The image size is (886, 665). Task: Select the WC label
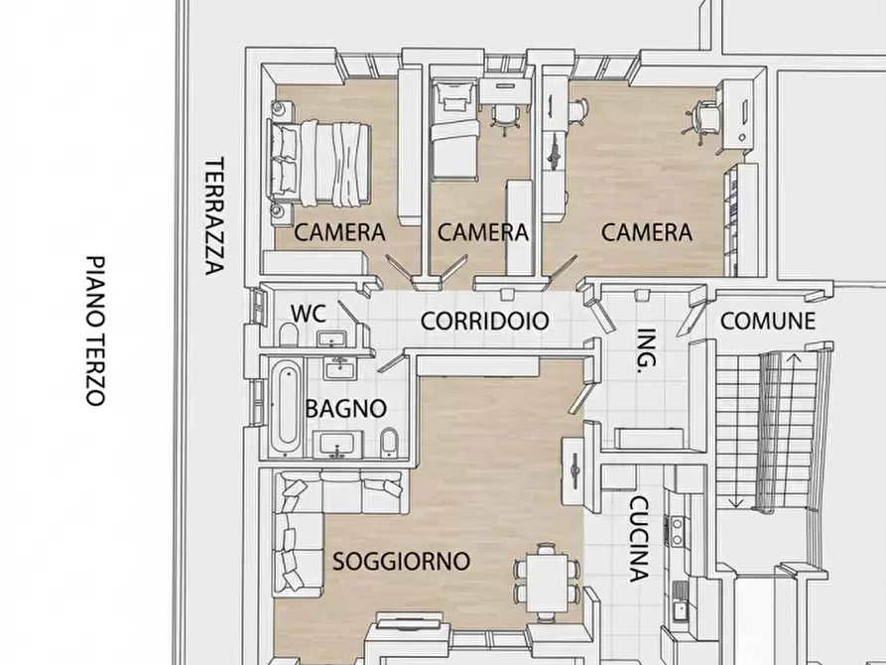tap(308, 312)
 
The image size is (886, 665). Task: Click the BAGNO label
tap(345, 408)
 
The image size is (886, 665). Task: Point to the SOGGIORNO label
tap(401, 561)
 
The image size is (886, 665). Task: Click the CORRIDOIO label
tap(485, 321)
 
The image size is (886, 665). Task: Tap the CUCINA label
tap(640, 538)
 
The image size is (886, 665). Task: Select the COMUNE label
tap(767, 321)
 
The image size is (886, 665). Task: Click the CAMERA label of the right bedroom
tap(647, 232)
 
